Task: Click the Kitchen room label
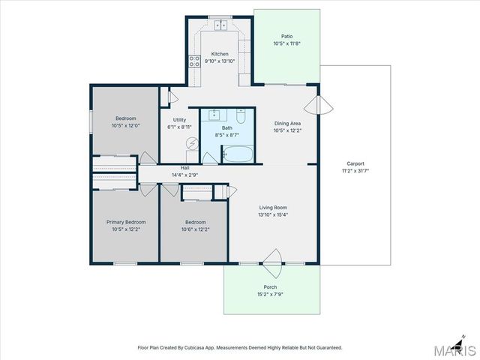220,54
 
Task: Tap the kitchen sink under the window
220,25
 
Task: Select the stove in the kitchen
195,61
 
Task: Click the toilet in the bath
241,116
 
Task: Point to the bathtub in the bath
238,154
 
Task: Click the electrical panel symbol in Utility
193,143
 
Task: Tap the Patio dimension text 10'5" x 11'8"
286,43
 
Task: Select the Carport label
355,163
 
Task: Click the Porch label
270,287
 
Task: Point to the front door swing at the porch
272,263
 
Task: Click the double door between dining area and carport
319,106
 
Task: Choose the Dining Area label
287,123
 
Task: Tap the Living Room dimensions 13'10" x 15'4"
273,215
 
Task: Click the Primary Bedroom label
126,222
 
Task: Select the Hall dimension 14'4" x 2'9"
185,175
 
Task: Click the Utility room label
179,120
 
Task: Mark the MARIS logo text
455,350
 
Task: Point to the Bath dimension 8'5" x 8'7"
226,135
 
